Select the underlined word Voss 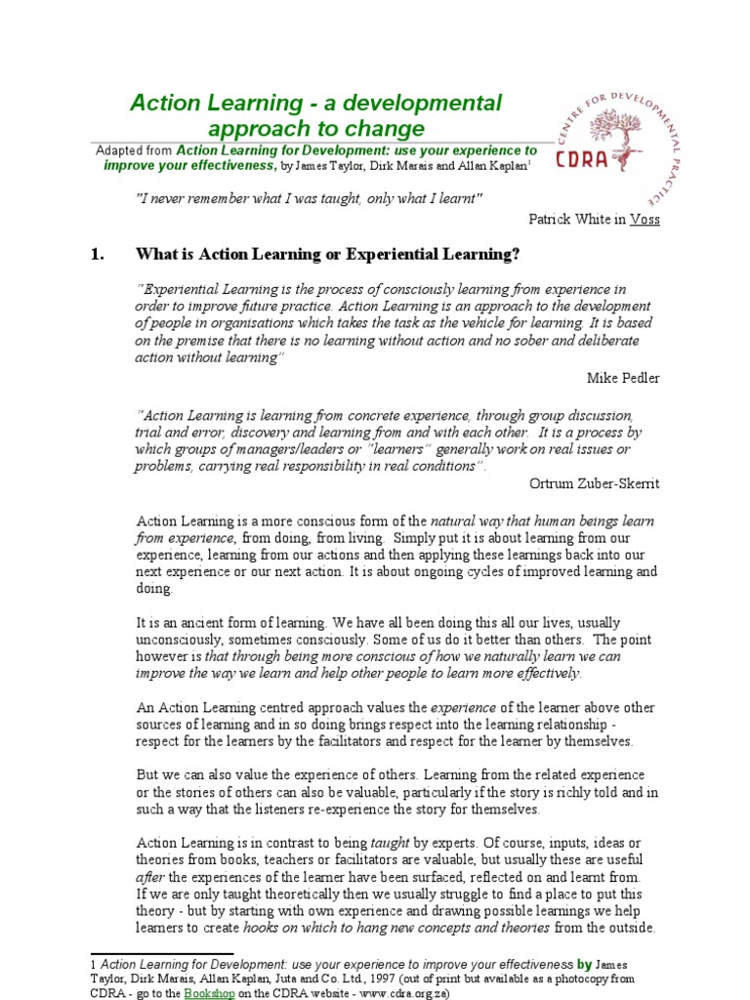tap(645, 219)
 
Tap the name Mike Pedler tap(623, 377)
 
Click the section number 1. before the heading tap(96, 255)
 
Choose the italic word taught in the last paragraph tap(383, 842)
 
